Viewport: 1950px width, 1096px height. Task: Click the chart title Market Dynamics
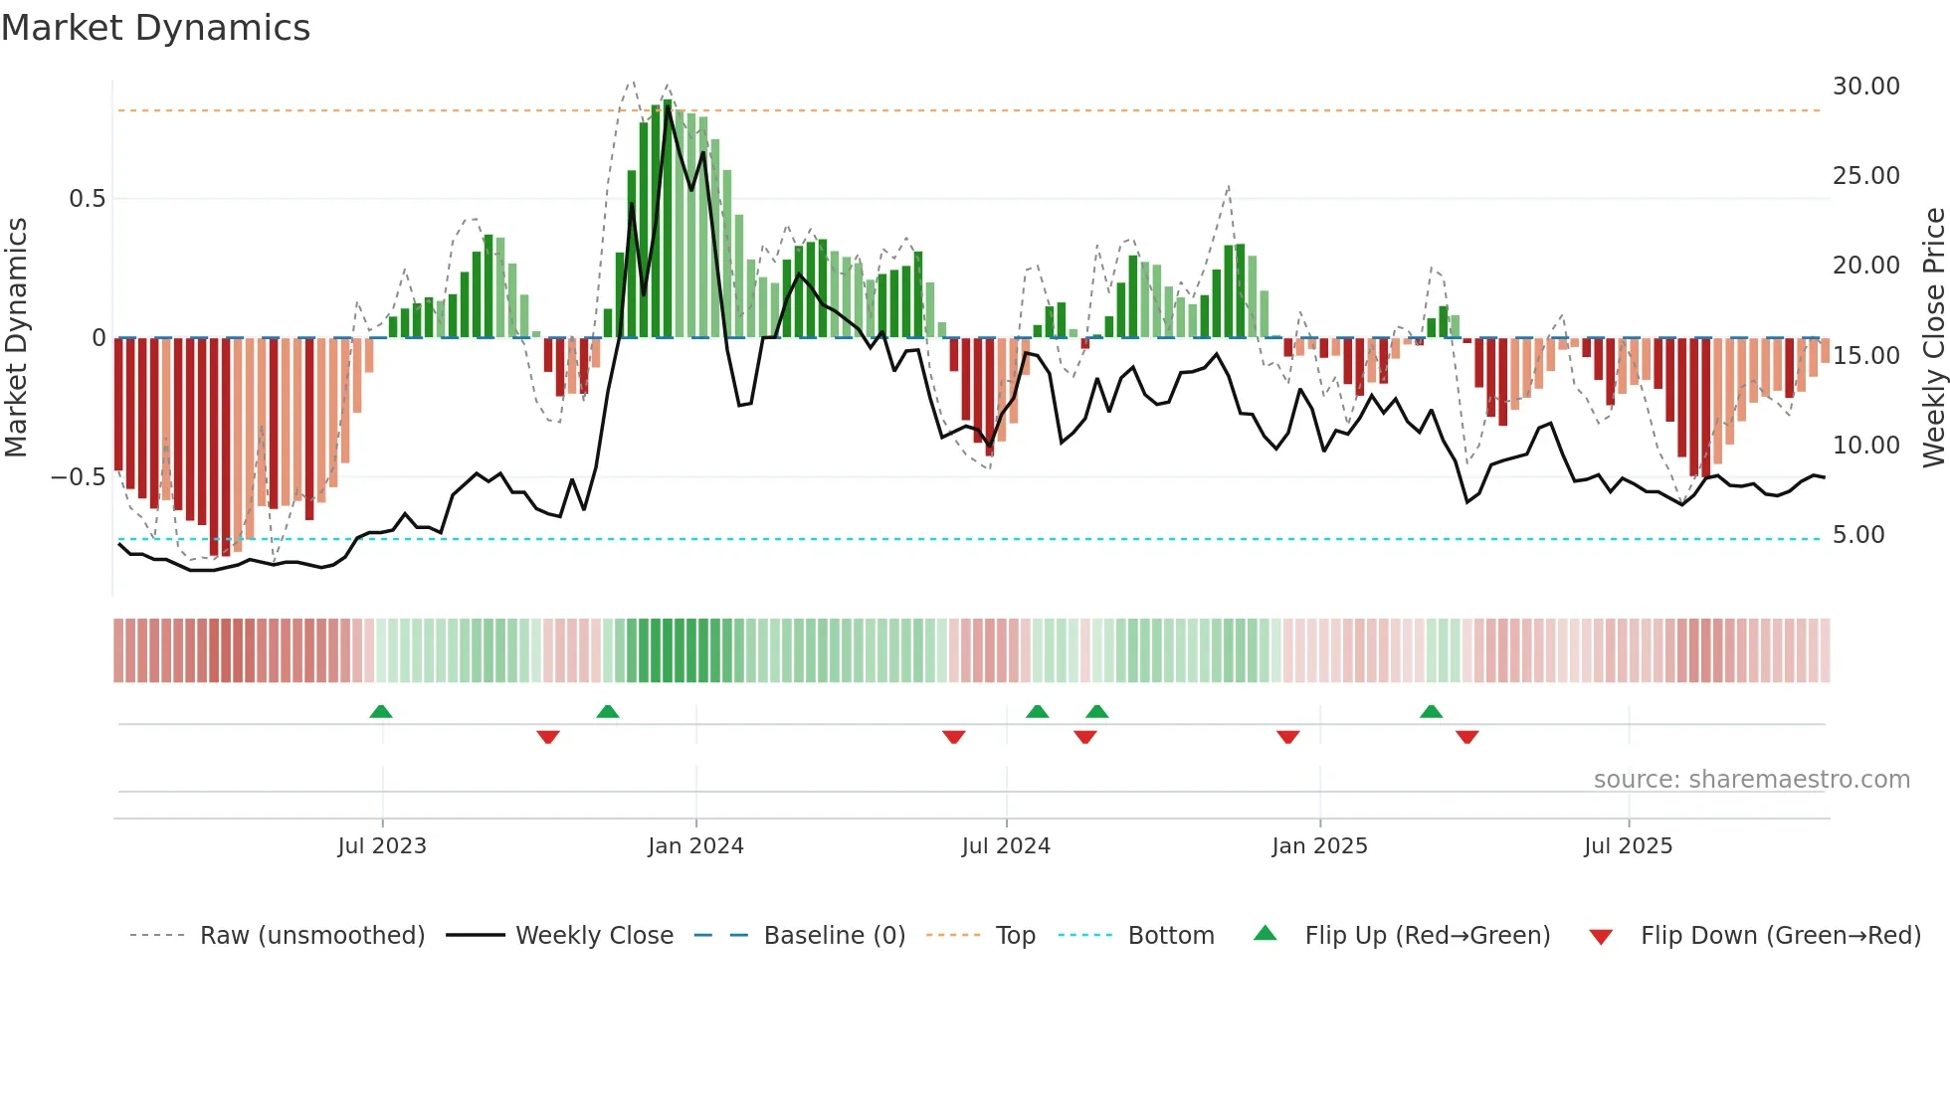pos(155,28)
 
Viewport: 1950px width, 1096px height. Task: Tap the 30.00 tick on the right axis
pos(1865,87)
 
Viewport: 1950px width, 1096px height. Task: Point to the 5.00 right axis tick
pos(1858,535)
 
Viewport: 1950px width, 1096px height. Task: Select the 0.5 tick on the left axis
pos(87,199)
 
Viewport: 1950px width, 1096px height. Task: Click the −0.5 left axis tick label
pos(78,477)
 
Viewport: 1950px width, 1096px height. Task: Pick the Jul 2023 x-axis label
pos(382,846)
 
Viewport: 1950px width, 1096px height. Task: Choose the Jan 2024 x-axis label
pos(695,846)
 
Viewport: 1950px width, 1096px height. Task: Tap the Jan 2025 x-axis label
pos(1319,846)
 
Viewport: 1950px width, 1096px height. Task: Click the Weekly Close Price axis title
pos(1933,337)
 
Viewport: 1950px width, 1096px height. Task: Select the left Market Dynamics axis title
pos(16,337)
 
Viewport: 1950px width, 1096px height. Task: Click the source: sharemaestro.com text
pos(1751,780)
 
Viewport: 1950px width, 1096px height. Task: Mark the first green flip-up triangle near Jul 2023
pos(381,711)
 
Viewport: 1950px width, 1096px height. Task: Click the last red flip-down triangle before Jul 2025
pos(1466,737)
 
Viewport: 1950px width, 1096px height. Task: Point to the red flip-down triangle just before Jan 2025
pos(1287,737)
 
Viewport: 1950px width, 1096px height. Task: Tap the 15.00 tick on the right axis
pos(1865,356)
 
